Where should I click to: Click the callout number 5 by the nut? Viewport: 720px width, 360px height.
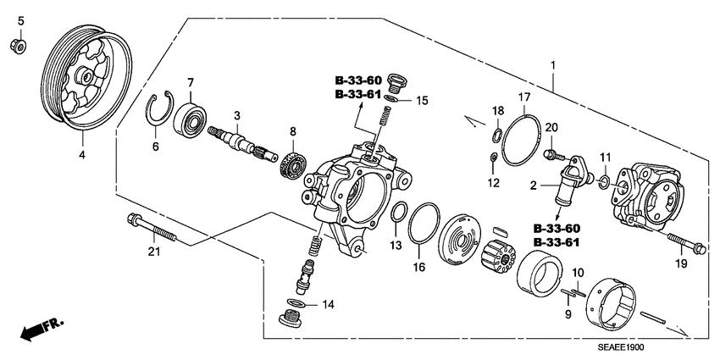coord(21,20)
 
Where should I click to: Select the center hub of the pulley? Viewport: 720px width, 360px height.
coord(87,76)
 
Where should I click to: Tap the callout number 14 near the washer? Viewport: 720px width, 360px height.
coord(327,303)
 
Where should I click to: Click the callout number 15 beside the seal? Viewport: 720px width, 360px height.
coord(420,100)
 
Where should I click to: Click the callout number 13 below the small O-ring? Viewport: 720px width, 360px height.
coord(393,245)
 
